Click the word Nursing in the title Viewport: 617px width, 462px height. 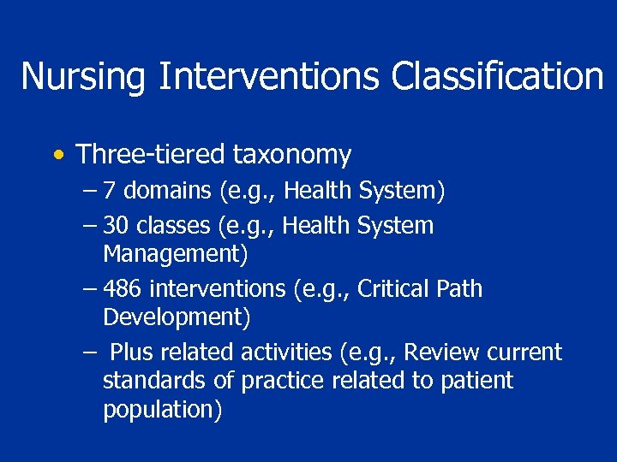click(84, 76)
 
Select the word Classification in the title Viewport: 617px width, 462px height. click(498, 76)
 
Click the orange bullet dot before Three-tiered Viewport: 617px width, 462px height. click(57, 156)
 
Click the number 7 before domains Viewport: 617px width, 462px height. click(109, 191)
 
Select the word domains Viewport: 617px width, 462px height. click(168, 191)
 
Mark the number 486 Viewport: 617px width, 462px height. click(122, 289)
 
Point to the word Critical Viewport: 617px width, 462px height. click(395, 289)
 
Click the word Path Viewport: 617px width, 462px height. click(460, 289)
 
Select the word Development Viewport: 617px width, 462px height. click(174, 317)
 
